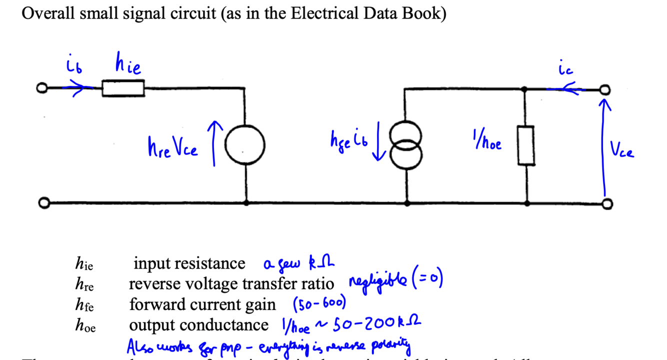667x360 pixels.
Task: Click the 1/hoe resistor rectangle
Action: tap(526, 145)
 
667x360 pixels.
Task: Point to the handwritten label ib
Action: tap(73, 66)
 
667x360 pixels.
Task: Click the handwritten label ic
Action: tap(565, 69)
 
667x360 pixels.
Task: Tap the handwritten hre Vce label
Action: tap(172, 148)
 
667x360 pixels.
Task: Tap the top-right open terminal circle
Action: tap(606, 90)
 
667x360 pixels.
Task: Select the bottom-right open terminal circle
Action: tap(607, 203)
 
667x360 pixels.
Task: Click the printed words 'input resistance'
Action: tap(189, 263)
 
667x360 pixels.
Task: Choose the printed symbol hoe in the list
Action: tap(85, 325)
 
